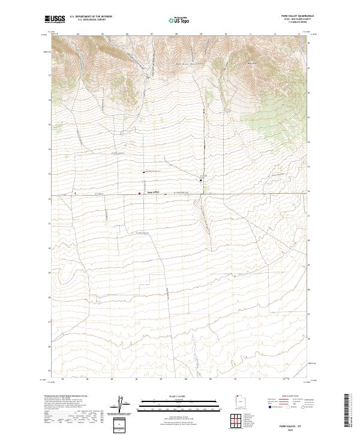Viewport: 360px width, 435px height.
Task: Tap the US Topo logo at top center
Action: pyautogui.click(x=179, y=20)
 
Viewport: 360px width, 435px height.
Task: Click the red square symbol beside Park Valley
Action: pyautogui.click(x=140, y=193)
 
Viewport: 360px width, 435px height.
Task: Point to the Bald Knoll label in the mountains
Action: pyautogui.click(x=251, y=65)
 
